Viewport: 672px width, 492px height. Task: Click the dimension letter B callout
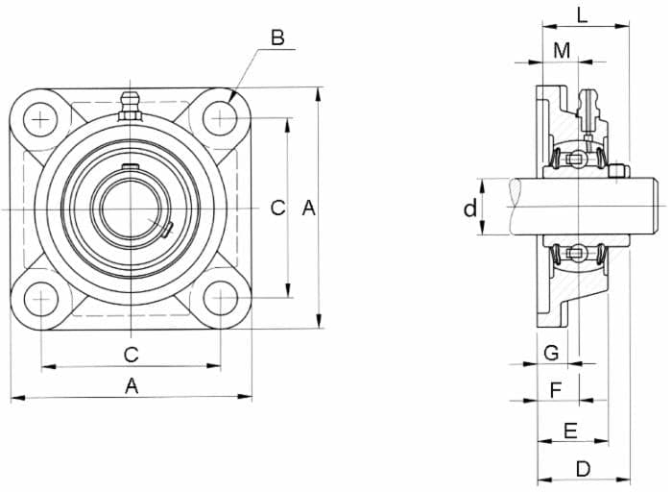point(277,37)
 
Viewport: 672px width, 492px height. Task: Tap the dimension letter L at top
point(582,16)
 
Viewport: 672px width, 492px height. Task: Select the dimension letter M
point(562,51)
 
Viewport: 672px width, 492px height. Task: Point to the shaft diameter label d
point(470,209)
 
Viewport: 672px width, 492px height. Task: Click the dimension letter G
point(551,353)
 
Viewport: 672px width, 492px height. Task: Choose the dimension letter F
point(556,391)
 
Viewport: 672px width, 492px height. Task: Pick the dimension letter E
point(570,430)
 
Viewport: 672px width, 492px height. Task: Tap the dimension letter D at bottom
point(583,469)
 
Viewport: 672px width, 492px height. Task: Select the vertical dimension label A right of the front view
point(308,209)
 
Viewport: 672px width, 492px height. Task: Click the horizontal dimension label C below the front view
point(132,355)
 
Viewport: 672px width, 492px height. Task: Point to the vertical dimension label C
point(277,209)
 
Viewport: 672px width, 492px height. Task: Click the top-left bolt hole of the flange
point(40,119)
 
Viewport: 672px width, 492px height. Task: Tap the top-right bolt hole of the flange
point(220,118)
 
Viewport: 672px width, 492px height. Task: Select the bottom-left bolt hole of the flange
point(41,299)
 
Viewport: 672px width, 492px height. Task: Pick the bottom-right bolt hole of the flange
point(220,298)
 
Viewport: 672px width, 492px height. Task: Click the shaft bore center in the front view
point(131,209)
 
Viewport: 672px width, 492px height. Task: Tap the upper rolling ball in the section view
point(577,159)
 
